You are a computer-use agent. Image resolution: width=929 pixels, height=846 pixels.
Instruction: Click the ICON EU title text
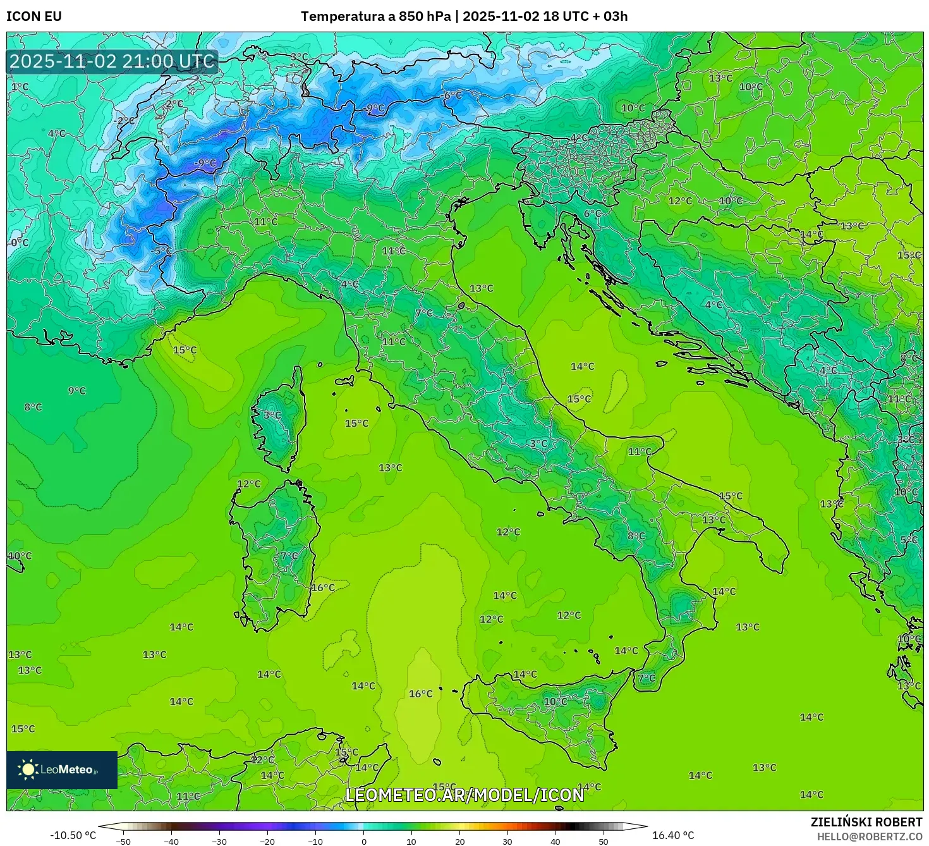(34, 16)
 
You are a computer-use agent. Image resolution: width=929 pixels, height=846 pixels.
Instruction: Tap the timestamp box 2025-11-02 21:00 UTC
(112, 61)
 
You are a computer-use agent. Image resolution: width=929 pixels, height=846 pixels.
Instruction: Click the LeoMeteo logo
(61, 769)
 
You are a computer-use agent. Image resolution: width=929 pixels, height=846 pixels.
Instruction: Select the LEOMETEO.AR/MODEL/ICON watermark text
(464, 795)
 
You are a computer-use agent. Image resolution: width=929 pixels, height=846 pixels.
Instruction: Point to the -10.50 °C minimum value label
(73, 835)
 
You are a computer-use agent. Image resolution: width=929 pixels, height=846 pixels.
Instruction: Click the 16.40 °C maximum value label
(672, 835)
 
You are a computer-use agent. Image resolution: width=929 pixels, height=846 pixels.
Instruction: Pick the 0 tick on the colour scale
(363, 841)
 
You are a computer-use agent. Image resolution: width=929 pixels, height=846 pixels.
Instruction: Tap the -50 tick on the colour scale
(123, 841)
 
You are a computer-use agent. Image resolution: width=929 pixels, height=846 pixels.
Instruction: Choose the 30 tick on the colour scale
(507, 841)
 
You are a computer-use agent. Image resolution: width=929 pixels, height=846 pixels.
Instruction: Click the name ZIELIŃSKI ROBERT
(866, 822)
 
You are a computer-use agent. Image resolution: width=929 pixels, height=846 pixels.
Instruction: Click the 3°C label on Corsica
(272, 415)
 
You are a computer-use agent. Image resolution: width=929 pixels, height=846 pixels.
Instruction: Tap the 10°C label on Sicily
(555, 701)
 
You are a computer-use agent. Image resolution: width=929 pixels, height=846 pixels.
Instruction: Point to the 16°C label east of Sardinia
(322, 587)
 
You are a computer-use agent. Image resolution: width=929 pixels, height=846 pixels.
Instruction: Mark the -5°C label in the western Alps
(162, 250)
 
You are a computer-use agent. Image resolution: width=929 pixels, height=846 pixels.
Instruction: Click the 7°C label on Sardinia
(289, 556)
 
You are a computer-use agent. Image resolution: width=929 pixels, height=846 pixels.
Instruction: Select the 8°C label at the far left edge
(33, 407)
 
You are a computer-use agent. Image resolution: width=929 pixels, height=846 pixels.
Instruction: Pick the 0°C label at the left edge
(20, 243)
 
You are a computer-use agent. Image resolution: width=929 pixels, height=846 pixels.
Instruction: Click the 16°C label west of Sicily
(420, 694)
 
